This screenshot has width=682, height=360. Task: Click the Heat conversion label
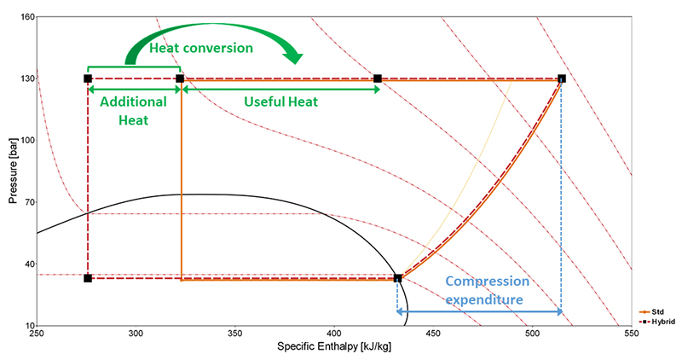(x=201, y=48)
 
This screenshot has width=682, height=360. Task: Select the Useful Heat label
(x=280, y=102)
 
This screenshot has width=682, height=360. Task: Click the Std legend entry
(x=656, y=312)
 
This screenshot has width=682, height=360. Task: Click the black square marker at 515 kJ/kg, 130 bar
(x=561, y=78)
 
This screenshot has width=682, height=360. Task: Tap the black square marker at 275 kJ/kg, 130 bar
(x=88, y=78)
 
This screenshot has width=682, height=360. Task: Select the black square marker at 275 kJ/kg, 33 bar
(x=88, y=278)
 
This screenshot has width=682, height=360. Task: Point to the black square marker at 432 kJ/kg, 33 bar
(x=397, y=278)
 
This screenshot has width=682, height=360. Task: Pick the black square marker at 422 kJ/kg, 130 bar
(x=378, y=78)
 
